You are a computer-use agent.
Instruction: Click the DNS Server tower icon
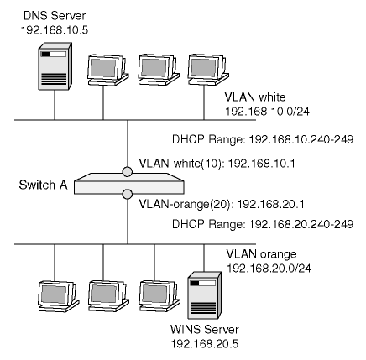pyautogui.click(x=55, y=66)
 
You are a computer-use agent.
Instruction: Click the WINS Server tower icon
pyautogui.click(x=204, y=295)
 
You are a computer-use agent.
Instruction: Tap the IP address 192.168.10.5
pyautogui.click(x=55, y=30)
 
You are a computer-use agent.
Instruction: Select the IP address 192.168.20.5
pyautogui.click(x=205, y=344)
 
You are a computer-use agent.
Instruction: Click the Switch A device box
pyautogui.click(x=129, y=184)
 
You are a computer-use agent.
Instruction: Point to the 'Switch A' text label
pyautogui.click(x=44, y=185)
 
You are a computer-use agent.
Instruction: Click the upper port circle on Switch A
pyautogui.click(x=128, y=172)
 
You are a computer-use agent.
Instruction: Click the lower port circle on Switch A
pyautogui.click(x=128, y=194)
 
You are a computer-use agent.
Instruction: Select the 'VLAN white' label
pyautogui.click(x=255, y=97)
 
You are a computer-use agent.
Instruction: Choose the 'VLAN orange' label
pyautogui.click(x=261, y=254)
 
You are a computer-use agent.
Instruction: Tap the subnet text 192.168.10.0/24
pyautogui.click(x=268, y=112)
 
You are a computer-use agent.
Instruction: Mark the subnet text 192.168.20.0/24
pyautogui.click(x=269, y=269)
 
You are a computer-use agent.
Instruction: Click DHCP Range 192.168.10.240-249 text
pyautogui.click(x=263, y=139)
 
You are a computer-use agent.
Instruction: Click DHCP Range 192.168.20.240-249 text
pyautogui.click(x=263, y=224)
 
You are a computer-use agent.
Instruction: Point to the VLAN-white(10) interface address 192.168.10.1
pyautogui.click(x=217, y=164)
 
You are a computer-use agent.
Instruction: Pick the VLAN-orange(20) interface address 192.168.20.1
pyautogui.click(x=222, y=204)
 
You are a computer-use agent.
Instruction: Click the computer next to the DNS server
pyautogui.click(x=107, y=70)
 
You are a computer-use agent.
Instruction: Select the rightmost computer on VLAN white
pyautogui.click(x=208, y=70)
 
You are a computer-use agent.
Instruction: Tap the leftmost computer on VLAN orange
pyautogui.click(x=59, y=296)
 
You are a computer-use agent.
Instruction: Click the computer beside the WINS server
pyautogui.click(x=159, y=296)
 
